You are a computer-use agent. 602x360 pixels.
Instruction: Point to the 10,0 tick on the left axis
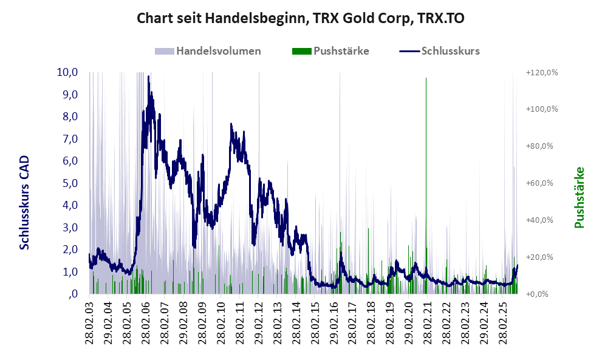tap(67, 72)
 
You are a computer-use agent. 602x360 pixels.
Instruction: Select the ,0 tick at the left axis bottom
tap(73, 294)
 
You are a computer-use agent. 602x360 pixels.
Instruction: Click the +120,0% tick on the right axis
tap(542, 72)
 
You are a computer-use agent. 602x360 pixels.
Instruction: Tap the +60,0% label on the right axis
tap(542, 183)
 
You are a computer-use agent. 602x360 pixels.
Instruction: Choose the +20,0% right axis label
tap(542, 257)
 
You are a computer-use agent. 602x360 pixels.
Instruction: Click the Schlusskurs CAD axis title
tap(24, 202)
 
